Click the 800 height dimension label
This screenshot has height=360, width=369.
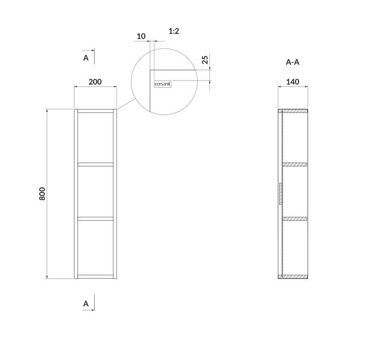pos(42,194)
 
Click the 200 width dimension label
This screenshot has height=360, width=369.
pos(95,82)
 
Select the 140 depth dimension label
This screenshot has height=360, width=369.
pos(293,82)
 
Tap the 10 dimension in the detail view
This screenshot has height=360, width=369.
pos(141,36)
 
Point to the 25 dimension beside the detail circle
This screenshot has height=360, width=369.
pos(205,60)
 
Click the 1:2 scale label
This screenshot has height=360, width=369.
pos(174,31)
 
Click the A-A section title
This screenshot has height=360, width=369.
pos(292,62)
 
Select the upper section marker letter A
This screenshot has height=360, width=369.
pos(86,58)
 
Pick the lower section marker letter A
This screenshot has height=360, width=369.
pos(86,304)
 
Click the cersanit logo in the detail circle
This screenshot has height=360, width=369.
pos(162,84)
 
